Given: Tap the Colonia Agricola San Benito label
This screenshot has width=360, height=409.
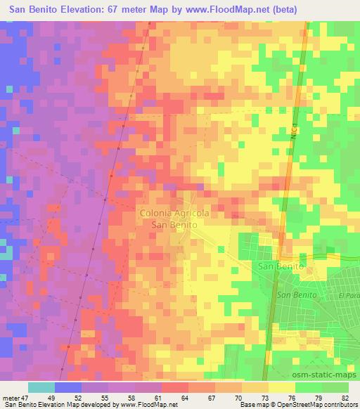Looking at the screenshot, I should [175, 217].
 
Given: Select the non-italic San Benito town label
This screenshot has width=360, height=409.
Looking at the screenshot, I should [281, 267].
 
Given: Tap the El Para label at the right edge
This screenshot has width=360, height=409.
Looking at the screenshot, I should [348, 296].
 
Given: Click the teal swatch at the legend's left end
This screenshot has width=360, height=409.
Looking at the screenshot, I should [41, 387].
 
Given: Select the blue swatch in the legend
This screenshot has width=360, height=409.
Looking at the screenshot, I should [67, 387].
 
